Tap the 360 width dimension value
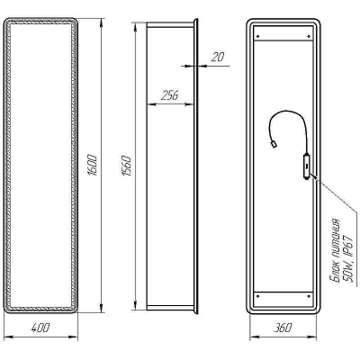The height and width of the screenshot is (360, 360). tap(282, 328)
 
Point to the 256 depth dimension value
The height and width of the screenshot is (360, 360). tap(168, 95)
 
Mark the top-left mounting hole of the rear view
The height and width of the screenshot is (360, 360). tap(257, 37)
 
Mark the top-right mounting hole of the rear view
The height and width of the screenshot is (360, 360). tap(305, 37)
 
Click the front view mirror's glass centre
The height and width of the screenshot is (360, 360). tap(42, 167)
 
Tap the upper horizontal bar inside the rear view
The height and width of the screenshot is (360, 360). tap(282, 43)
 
